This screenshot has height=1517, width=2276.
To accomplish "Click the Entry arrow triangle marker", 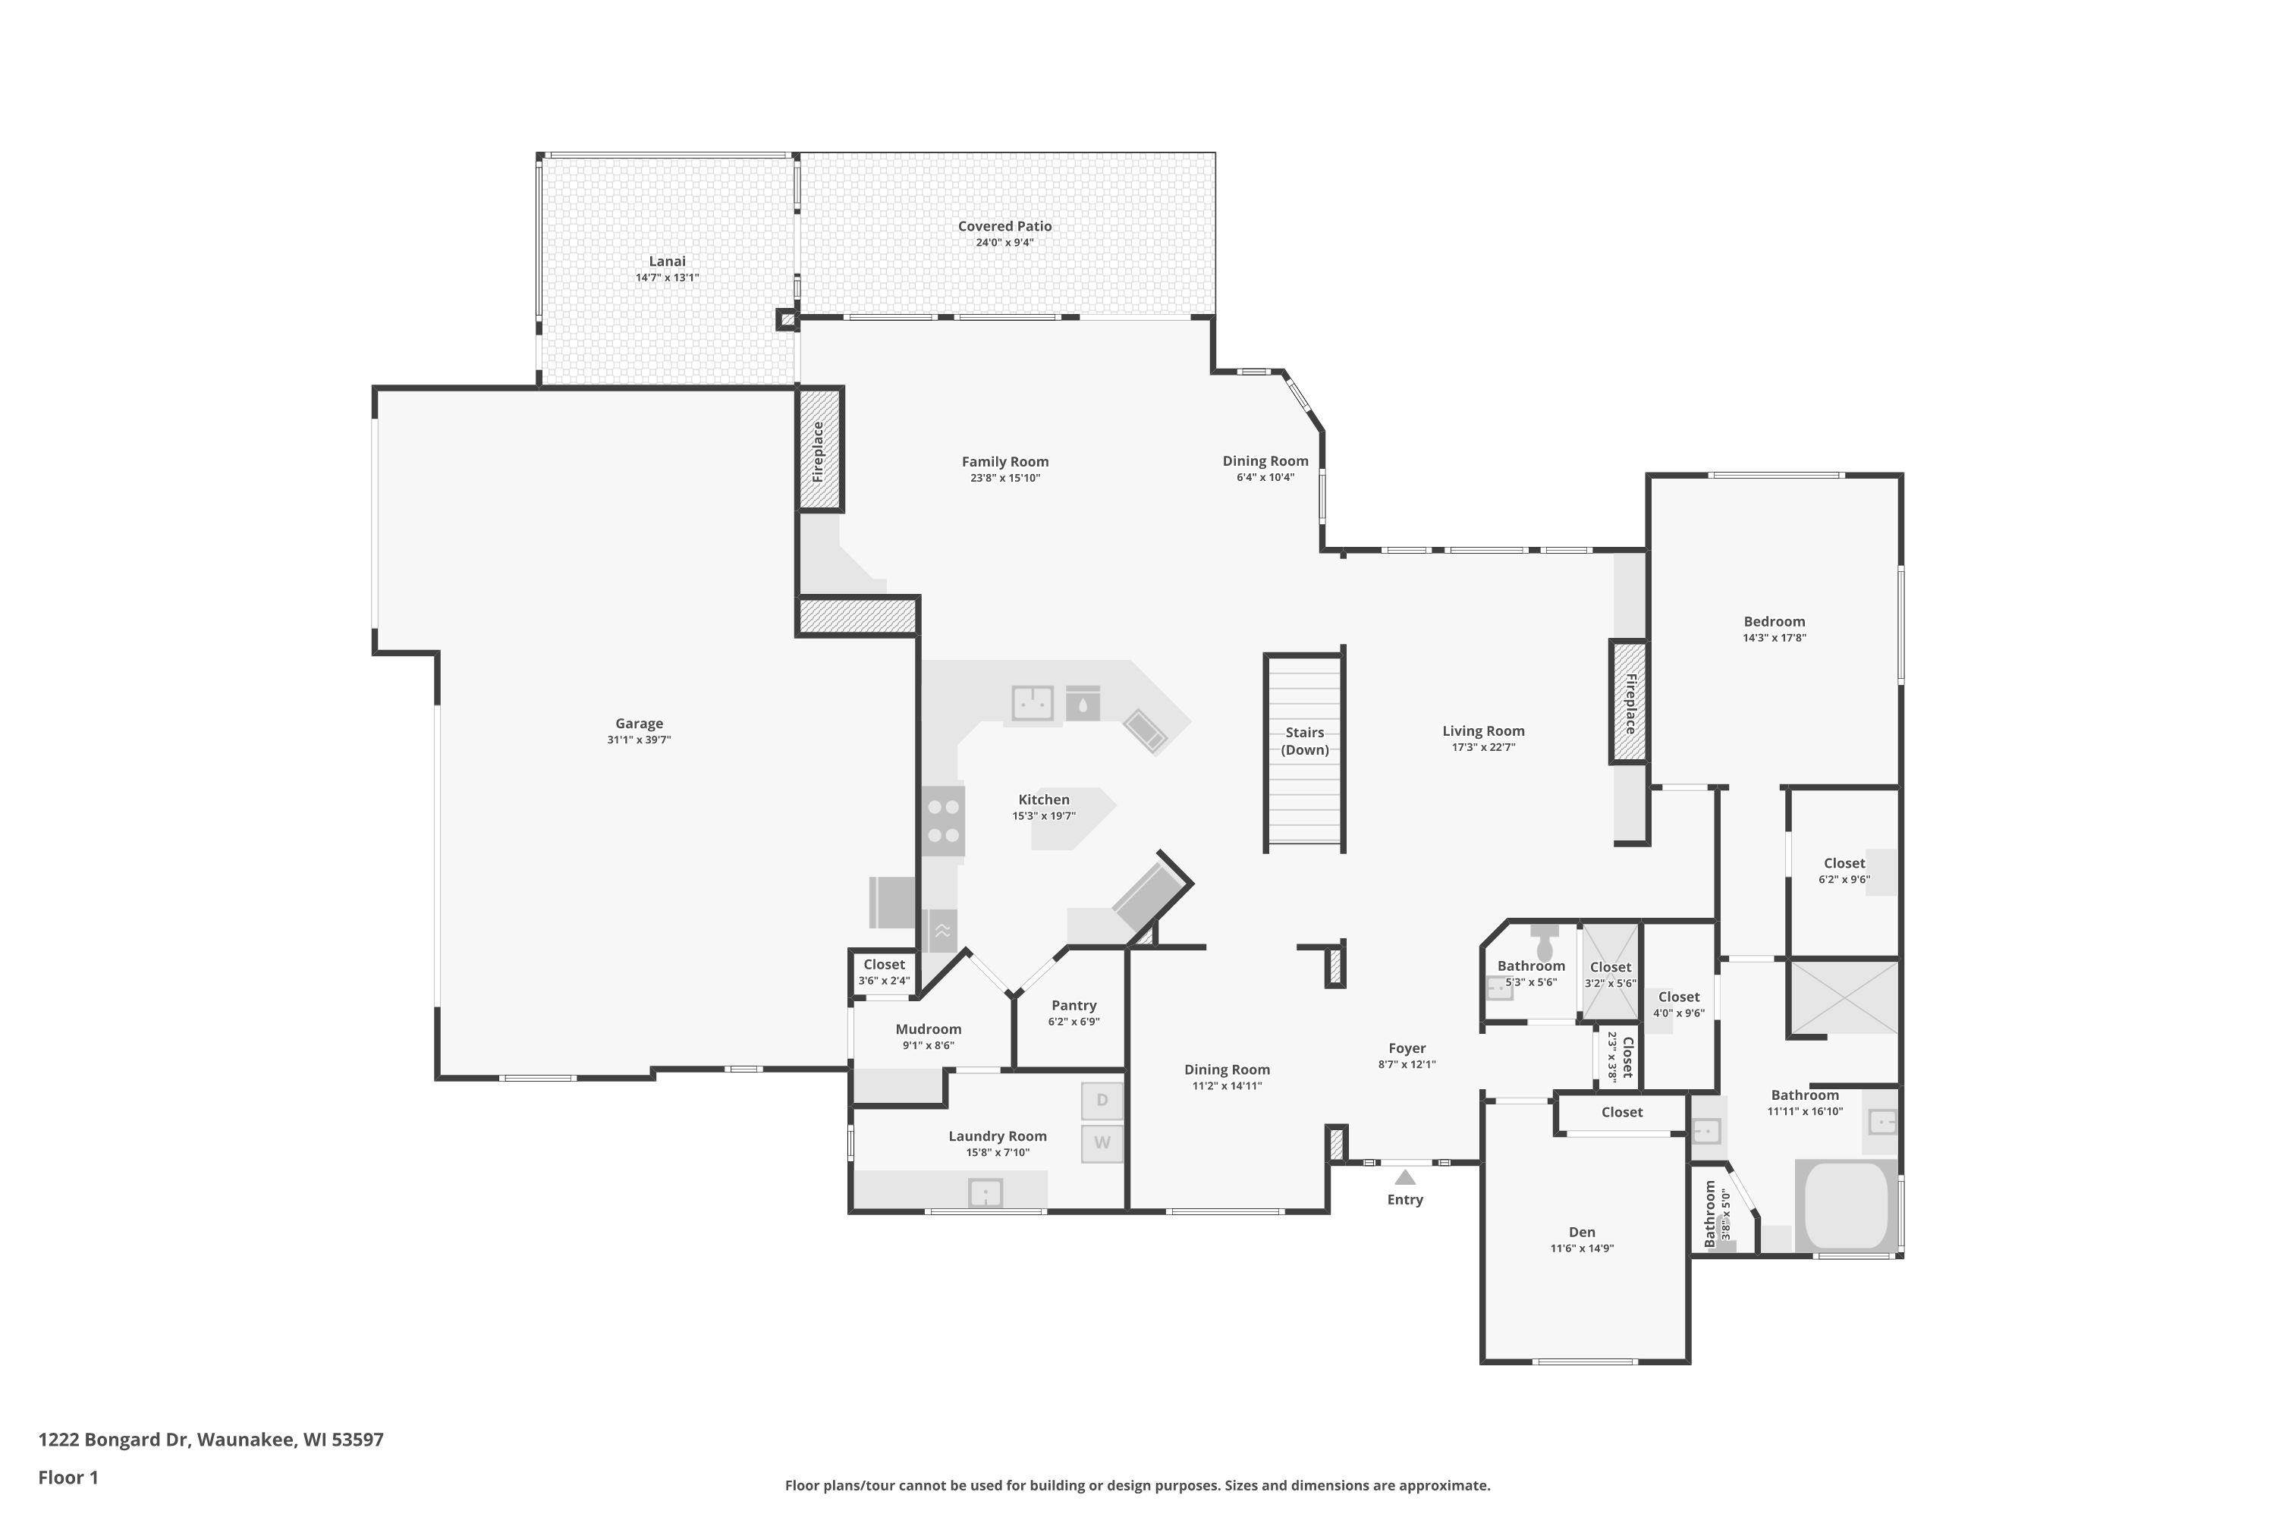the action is [1405, 1176].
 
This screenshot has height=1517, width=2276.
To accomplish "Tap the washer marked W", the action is [1102, 1142].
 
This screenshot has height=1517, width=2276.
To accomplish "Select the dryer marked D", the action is [1102, 1100].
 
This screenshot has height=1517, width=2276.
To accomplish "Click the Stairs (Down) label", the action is [1304, 741].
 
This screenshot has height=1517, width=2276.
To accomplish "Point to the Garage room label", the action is [640, 724].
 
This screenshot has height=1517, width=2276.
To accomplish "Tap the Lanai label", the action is [667, 261].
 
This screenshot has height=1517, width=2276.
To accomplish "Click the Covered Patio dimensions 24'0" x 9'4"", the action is [1004, 242].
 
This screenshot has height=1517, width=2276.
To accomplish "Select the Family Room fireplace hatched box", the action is [819, 450].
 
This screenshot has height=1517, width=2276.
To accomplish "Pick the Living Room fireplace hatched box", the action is [1629, 702].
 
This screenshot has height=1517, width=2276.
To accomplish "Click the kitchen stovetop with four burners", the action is [942, 821].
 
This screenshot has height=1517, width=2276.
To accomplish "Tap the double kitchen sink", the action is [1033, 703].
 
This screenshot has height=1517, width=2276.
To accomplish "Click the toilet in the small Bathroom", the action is [1545, 942].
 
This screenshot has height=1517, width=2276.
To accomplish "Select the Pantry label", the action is [1074, 1005].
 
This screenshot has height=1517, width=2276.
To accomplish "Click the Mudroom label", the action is [928, 1029].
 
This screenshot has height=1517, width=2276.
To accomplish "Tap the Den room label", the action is [1582, 1232].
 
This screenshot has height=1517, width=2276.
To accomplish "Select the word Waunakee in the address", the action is [246, 1440].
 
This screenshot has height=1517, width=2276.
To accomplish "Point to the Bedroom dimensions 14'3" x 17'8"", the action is [1774, 638].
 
